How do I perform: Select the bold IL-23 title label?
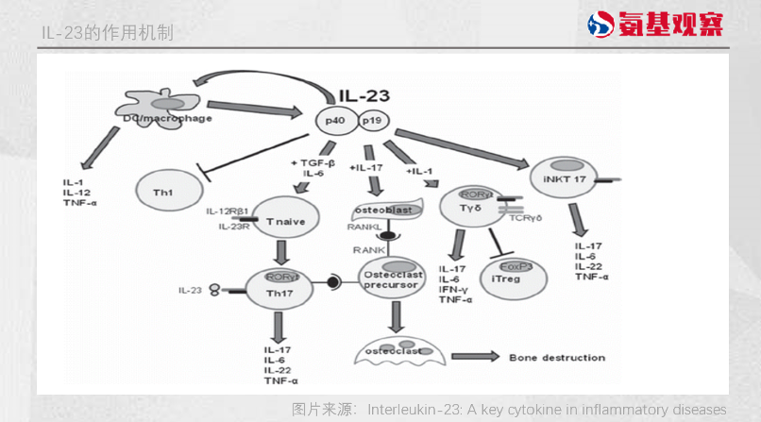(364, 95)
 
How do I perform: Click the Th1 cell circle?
(162, 192)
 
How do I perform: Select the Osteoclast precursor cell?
(390, 280)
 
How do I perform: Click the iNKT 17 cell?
(559, 179)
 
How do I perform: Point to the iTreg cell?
(508, 276)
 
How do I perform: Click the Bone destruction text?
(544, 358)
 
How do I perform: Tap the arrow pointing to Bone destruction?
(473, 357)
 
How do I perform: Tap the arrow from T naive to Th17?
(280, 250)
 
